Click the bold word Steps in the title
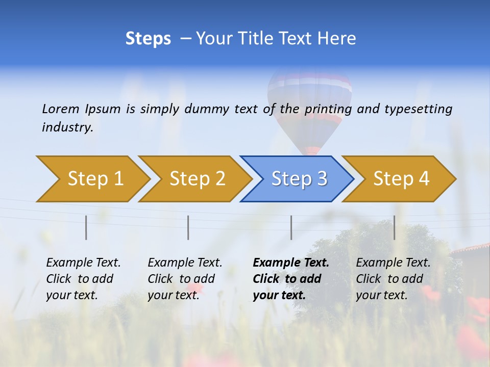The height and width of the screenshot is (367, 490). [x=148, y=39]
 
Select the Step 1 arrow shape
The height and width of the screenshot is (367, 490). [x=92, y=179]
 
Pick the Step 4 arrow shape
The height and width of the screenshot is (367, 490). [x=401, y=179]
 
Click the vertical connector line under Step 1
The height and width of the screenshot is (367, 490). [x=86, y=227]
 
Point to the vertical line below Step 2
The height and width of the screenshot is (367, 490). [x=188, y=227]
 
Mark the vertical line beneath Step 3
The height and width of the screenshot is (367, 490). [x=291, y=227]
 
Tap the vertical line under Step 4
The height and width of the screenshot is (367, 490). [x=395, y=227]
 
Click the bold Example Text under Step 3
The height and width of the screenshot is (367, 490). [x=291, y=279]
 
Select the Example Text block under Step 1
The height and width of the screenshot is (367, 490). [x=83, y=279]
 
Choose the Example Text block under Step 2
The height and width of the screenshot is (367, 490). [x=185, y=279]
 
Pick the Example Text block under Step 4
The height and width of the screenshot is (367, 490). [x=393, y=279]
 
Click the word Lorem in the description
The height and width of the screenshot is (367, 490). [x=60, y=109]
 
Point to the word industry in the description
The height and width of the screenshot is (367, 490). [x=67, y=127]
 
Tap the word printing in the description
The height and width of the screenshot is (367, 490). [x=329, y=109]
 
